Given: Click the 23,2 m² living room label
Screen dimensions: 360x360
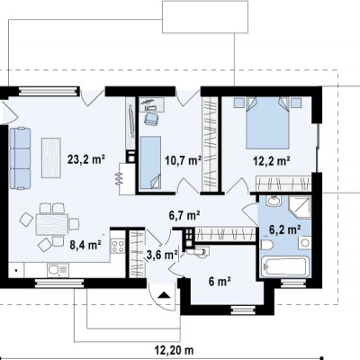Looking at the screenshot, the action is pos(86,159).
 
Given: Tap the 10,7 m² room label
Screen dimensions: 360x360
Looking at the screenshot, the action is pos(184,160).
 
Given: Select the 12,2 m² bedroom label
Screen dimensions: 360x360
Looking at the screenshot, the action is pos(272,161).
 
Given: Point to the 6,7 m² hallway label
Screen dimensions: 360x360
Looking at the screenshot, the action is pos(184,215).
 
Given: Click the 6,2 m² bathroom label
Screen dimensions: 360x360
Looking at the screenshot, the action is pos(285,229).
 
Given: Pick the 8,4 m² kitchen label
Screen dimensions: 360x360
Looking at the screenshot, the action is pos(85,245).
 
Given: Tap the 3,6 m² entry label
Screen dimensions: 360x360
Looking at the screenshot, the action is pos(162,255).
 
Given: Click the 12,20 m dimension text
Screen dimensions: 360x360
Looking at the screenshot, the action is pos(174,350).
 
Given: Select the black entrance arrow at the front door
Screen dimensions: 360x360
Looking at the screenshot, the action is pos(164,295).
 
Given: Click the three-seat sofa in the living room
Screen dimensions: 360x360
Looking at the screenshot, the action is pos(20,158).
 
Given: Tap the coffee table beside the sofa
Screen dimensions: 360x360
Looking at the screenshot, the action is pos(51,157).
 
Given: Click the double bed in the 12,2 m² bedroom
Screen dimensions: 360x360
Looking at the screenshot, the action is pos(267,122).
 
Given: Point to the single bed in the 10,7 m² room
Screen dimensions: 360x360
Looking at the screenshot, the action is pos(150,162).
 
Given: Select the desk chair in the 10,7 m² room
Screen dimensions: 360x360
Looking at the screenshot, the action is pos(151,118).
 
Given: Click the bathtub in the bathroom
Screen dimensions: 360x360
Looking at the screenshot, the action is pos(284,266).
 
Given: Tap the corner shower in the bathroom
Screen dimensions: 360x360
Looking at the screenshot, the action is pos(300,206).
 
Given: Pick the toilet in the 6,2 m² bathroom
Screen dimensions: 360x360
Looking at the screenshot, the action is pos(266,245).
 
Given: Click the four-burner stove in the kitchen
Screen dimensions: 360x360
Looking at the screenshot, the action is pos(118,246).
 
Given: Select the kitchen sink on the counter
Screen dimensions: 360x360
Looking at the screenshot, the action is pos(58,270).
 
